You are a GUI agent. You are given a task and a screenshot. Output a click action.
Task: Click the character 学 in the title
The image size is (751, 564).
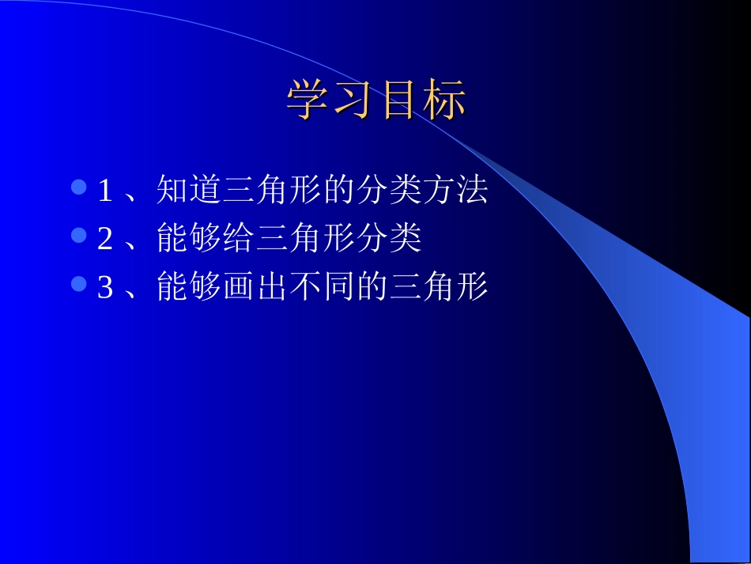pos(307,100)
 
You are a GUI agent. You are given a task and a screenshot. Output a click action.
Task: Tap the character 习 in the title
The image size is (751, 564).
pos(353,100)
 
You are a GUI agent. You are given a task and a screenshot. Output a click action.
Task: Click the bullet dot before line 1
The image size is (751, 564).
pos(79,187)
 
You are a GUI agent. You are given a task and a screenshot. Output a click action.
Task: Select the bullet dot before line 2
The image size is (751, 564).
pos(79,236)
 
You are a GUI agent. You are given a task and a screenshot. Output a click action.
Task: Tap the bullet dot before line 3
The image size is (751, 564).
pos(79,284)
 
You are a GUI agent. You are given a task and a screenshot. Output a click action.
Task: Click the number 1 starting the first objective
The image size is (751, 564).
pos(104,191)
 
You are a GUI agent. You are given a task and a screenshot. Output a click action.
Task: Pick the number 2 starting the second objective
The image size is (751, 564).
pos(104,240)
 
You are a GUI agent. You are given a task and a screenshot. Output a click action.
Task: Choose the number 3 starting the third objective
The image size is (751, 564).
pos(104,288)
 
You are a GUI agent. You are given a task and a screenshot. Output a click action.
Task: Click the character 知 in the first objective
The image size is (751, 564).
pos(173,190)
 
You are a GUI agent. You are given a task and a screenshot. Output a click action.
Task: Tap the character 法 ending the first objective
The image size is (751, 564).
pos(472,190)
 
